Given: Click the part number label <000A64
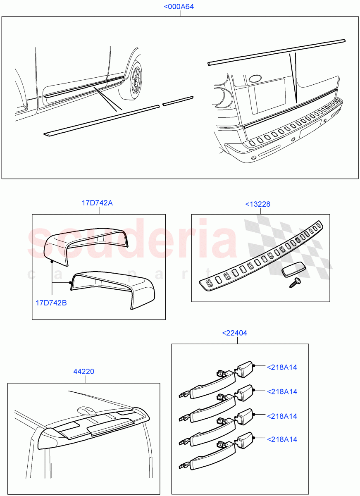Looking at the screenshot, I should click(179, 7).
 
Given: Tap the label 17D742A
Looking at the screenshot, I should click(97, 203).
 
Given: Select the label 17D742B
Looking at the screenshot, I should click(51, 303).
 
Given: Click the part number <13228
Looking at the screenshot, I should click(258, 204).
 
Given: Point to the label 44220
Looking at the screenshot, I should click(84, 372).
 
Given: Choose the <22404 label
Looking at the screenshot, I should click(235, 333).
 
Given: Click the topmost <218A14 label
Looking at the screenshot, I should click(282, 367).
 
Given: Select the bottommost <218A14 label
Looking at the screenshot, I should click(282, 439).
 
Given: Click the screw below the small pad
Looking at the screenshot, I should click(296, 282).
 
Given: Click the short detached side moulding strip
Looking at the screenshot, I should click(178, 101).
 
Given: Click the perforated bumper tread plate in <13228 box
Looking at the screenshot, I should click(260, 258).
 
